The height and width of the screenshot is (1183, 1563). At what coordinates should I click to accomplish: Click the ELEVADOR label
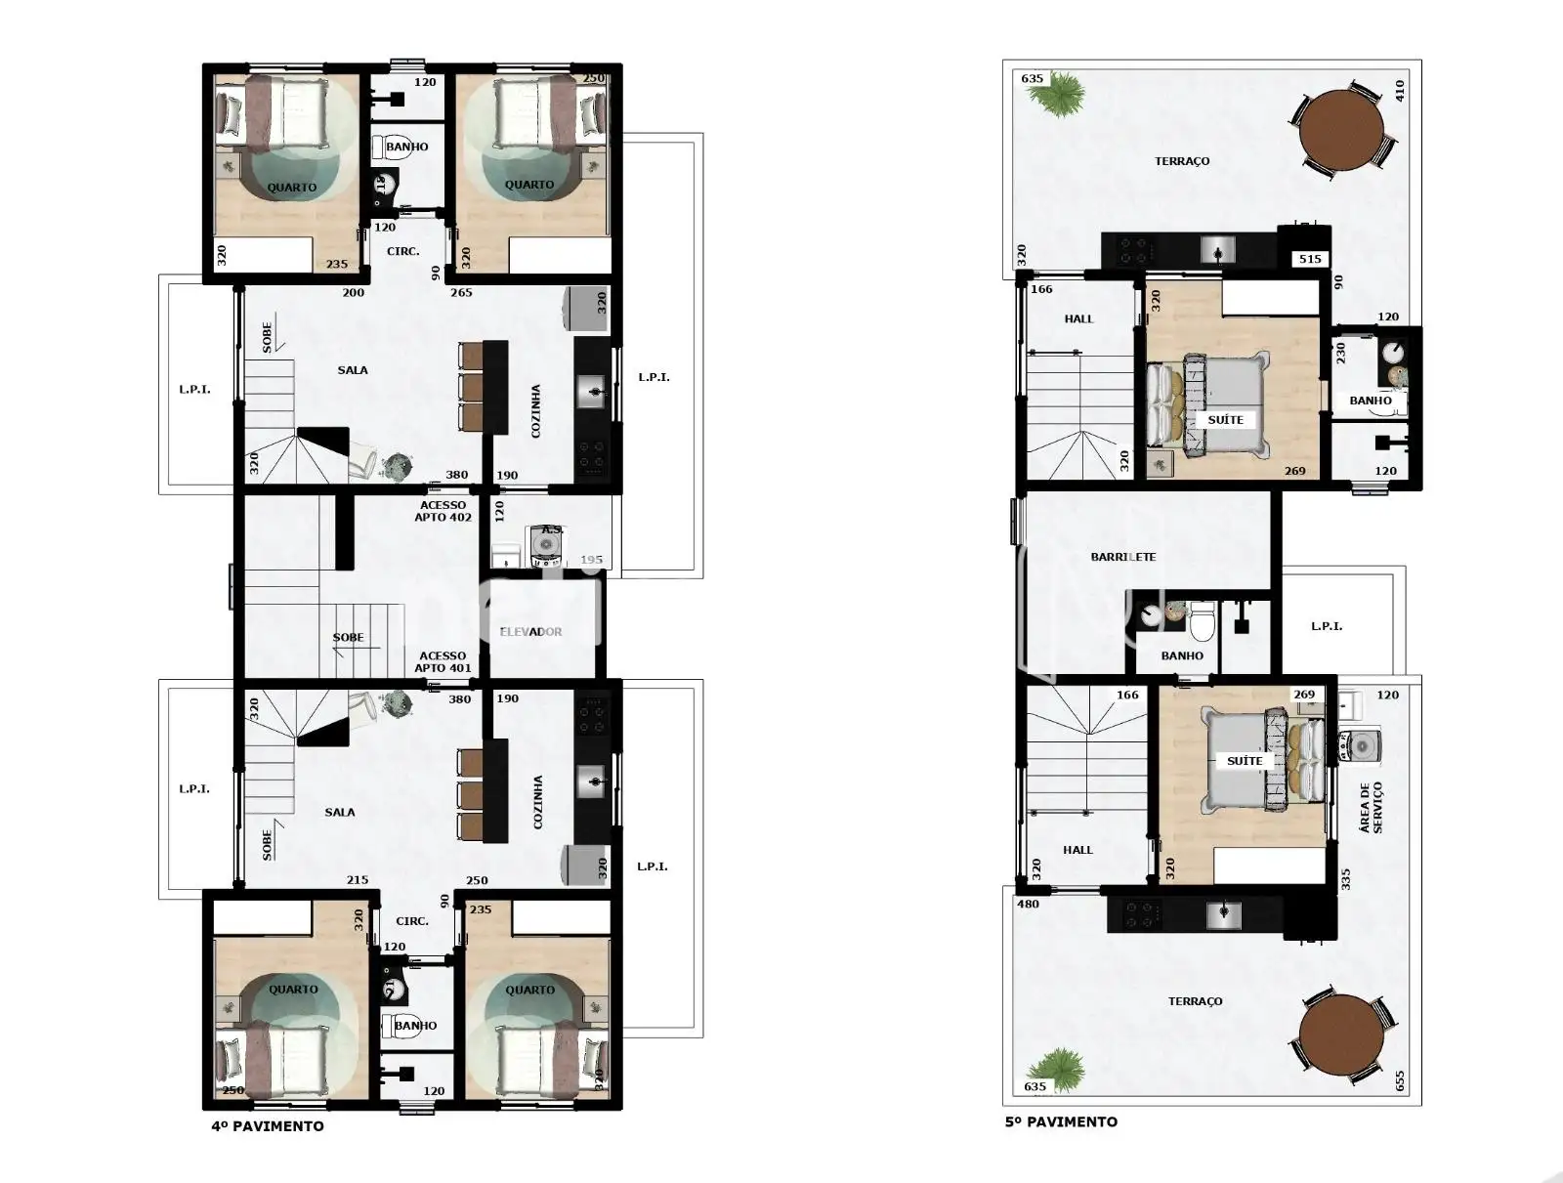coord(530,631)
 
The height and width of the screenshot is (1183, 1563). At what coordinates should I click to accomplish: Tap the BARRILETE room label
coord(1123,557)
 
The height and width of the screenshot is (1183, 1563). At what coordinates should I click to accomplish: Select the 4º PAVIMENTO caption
coord(268,1126)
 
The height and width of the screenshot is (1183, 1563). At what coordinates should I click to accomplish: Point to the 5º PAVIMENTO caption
coord(1061,1121)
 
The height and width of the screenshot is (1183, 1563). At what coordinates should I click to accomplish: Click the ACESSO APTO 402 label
coord(443,511)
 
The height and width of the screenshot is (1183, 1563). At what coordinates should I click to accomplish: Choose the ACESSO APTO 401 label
coord(443,661)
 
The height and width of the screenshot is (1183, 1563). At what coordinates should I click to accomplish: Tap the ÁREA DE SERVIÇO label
coord(1370,807)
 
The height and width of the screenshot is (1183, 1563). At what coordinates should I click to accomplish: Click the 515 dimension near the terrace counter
coord(1310,259)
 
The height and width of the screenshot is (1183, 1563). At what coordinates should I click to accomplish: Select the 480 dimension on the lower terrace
coord(1029,904)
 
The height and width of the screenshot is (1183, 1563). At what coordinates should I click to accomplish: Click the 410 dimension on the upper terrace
coord(1399,91)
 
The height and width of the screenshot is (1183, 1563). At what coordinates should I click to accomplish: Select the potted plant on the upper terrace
coord(1060,93)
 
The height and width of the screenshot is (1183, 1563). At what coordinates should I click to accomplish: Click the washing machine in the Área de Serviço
coord(1360,746)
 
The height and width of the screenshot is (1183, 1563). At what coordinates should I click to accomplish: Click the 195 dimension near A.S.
coord(591,560)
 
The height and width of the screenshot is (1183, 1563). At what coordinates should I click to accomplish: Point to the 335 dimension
coord(1346,879)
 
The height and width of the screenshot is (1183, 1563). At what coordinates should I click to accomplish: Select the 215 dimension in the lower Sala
coord(358,880)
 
